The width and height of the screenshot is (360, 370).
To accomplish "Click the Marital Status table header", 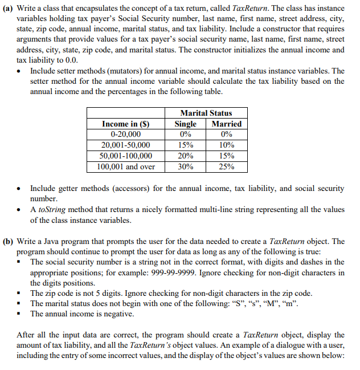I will pyautogui.click(x=206, y=113).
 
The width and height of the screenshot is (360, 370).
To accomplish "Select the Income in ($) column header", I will pyautogui.click(x=122, y=124).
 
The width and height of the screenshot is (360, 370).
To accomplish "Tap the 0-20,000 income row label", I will pyautogui.click(x=122, y=135).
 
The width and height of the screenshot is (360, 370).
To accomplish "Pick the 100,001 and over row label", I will pyautogui.click(x=122, y=167).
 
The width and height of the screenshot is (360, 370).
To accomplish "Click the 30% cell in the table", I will pyautogui.click(x=186, y=167).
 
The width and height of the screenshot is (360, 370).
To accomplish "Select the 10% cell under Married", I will pyautogui.click(x=226, y=145).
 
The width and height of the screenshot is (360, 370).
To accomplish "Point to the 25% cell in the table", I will pyautogui.click(x=226, y=167).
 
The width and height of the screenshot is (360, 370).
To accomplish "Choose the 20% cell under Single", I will pyautogui.click(x=186, y=156).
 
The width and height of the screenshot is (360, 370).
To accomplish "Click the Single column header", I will pyautogui.click(x=186, y=124).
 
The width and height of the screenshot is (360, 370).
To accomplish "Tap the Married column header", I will pyautogui.click(x=226, y=124).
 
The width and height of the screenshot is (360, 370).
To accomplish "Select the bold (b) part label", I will pyautogui.click(x=10, y=241).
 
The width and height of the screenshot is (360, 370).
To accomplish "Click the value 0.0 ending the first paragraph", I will pyautogui.click(x=70, y=60).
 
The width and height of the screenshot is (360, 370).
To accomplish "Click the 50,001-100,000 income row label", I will pyautogui.click(x=122, y=156).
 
